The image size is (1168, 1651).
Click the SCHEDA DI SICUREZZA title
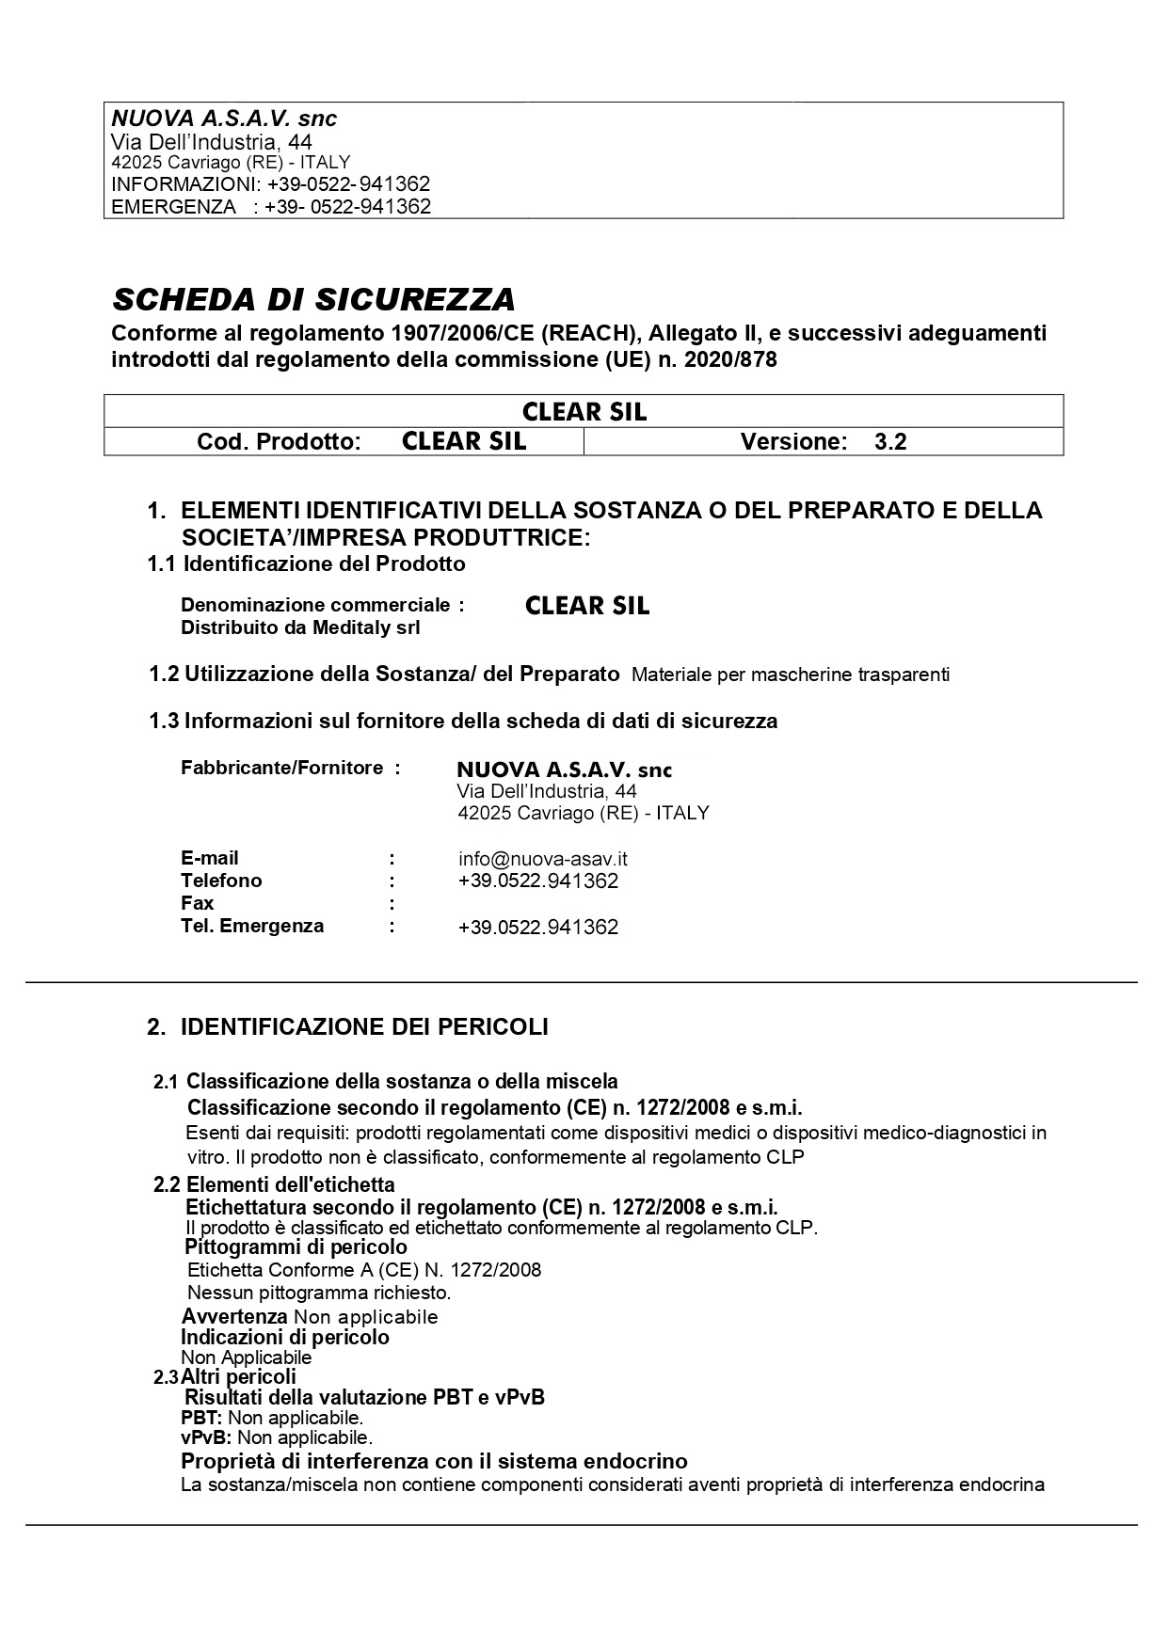313,299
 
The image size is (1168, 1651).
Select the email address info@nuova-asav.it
543,858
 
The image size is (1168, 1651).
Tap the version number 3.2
889,441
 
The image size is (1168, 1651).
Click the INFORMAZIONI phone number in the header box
349,184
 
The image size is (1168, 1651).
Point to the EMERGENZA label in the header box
174,207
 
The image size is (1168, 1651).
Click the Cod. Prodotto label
279,441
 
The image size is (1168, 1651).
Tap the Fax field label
197,903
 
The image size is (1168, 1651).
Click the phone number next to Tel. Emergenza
537,927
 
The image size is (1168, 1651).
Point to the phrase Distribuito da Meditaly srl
300,627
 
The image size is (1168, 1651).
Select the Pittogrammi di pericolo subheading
296,1247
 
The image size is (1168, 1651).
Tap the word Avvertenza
234,1316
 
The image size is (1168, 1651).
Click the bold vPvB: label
206,1437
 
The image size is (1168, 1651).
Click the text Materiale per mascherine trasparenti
791,675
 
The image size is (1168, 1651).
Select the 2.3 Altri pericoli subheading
226,1377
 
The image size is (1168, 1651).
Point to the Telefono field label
221,881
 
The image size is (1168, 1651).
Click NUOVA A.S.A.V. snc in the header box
224,119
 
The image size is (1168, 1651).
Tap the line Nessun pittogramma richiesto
319,1293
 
